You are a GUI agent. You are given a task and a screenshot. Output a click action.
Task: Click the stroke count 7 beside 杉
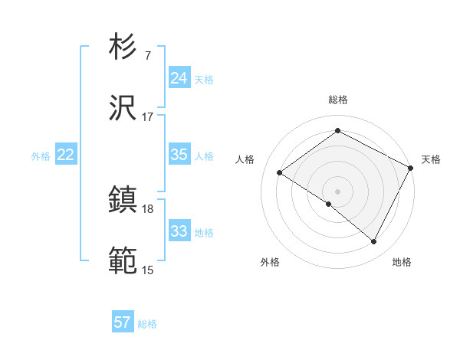click(x=147, y=55)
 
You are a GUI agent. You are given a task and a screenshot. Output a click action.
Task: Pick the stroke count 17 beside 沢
click(x=147, y=116)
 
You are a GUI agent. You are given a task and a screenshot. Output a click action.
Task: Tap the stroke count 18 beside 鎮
click(x=147, y=208)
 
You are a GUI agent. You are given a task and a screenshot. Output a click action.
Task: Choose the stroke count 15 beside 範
click(x=147, y=270)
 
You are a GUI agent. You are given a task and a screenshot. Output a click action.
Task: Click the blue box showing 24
click(x=179, y=78)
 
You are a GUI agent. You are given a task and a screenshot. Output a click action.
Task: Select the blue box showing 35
click(x=179, y=155)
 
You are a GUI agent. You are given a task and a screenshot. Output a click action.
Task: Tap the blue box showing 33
click(x=179, y=231)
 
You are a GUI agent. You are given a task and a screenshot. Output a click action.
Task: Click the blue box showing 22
click(x=65, y=155)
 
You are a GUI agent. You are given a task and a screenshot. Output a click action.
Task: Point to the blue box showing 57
click(x=122, y=322)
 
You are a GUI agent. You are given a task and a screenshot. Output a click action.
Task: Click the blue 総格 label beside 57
click(x=147, y=324)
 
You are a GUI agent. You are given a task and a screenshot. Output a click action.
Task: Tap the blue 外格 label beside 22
click(x=41, y=156)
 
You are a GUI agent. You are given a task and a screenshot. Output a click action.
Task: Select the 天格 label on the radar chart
click(x=431, y=159)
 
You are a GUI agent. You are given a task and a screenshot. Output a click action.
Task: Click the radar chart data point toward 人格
click(x=280, y=172)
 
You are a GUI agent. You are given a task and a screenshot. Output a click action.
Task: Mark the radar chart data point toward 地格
click(x=374, y=242)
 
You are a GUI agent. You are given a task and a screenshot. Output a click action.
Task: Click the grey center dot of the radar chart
click(x=337, y=191)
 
